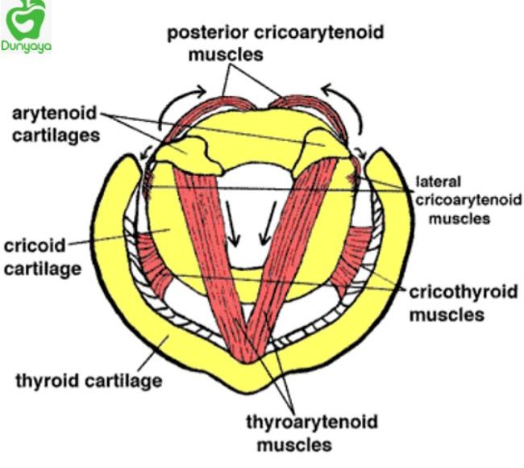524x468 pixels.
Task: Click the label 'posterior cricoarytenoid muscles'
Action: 275,44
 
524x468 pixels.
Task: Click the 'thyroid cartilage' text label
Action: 89,378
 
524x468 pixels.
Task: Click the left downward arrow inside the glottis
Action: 235,222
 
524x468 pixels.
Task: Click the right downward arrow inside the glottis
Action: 266,222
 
